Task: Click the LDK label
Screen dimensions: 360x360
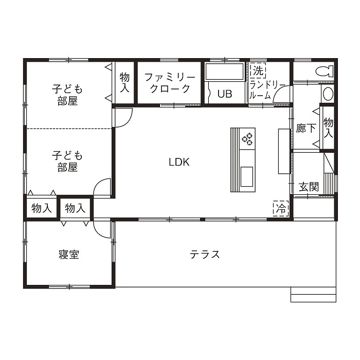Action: click(x=179, y=162)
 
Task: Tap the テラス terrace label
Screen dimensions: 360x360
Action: click(x=205, y=254)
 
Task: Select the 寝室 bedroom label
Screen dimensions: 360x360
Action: click(x=68, y=255)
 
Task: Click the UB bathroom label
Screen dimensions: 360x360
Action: click(x=224, y=94)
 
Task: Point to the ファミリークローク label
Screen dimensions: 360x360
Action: click(x=169, y=83)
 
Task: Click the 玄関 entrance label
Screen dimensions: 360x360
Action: click(x=309, y=187)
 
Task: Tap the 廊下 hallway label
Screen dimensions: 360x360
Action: click(x=306, y=129)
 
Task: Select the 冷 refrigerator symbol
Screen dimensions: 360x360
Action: click(x=281, y=208)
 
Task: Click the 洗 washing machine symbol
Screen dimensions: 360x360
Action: click(x=257, y=69)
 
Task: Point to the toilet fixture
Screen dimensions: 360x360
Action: click(x=323, y=71)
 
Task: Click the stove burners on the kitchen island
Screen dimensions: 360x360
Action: click(x=248, y=138)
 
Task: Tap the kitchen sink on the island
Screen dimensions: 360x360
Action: click(x=247, y=175)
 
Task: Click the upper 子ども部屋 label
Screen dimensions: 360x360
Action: click(x=67, y=95)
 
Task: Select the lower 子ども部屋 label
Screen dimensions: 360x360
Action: click(x=67, y=160)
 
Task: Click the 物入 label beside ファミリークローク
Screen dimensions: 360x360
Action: click(x=124, y=83)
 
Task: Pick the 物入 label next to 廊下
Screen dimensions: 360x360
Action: click(x=328, y=128)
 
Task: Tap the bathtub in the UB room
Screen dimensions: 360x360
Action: click(x=224, y=72)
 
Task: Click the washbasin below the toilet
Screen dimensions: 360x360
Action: click(x=328, y=93)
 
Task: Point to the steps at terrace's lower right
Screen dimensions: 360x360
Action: click(x=313, y=294)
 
